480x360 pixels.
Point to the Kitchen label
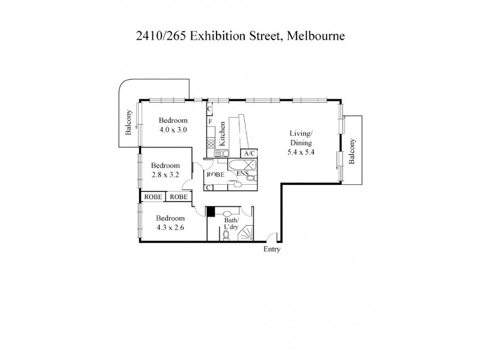coord(222,134)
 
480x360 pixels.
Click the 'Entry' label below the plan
coord(272,249)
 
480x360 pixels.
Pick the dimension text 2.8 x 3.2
coord(165,175)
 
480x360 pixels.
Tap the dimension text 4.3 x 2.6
coord(170,228)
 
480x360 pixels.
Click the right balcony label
coord(353,152)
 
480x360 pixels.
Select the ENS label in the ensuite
coord(243,174)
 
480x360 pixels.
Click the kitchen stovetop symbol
coord(211,144)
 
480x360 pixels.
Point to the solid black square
coord(210,211)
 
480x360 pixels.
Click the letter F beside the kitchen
coord(210,122)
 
